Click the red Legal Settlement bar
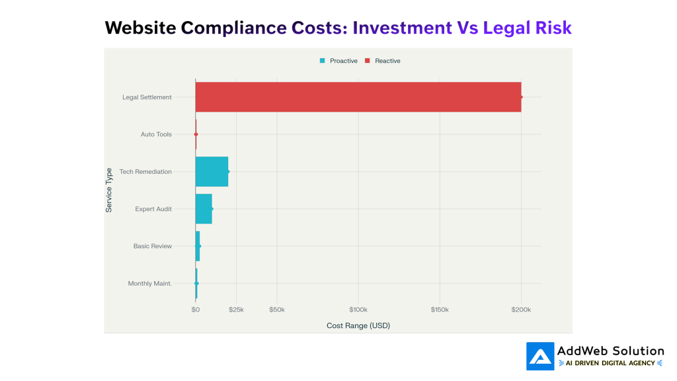(x=358, y=97)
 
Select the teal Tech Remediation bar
(x=212, y=172)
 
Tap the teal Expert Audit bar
(x=204, y=209)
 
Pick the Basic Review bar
(x=198, y=246)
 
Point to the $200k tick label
(x=521, y=310)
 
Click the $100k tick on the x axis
(x=358, y=310)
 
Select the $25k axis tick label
(x=236, y=310)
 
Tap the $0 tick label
(x=195, y=310)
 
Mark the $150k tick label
(x=440, y=310)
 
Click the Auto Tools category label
(x=156, y=134)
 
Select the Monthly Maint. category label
(x=149, y=284)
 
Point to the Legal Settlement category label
(x=147, y=97)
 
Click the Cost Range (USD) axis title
(x=358, y=326)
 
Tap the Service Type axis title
(x=109, y=190)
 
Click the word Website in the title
(x=140, y=28)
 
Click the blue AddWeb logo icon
(x=539, y=356)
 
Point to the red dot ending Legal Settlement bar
(x=521, y=97)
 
